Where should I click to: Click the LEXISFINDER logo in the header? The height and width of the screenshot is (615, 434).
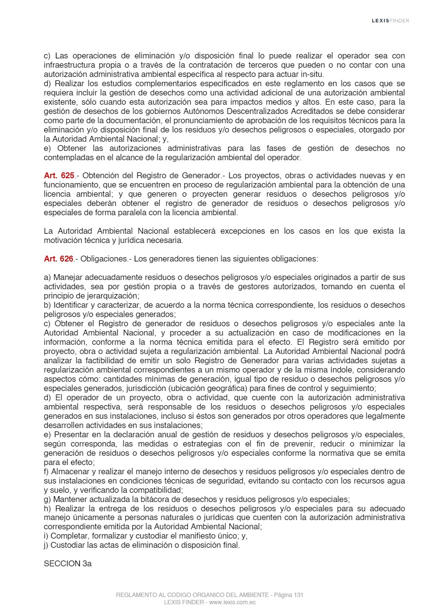click(390, 20)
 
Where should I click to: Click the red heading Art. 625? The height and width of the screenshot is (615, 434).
click(59, 175)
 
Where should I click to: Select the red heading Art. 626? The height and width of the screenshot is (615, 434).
click(59, 259)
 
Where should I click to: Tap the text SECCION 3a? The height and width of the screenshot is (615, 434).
click(68, 564)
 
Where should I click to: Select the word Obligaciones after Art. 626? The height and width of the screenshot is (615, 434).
click(102, 259)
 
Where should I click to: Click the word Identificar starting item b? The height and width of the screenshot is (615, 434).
click(72, 305)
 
